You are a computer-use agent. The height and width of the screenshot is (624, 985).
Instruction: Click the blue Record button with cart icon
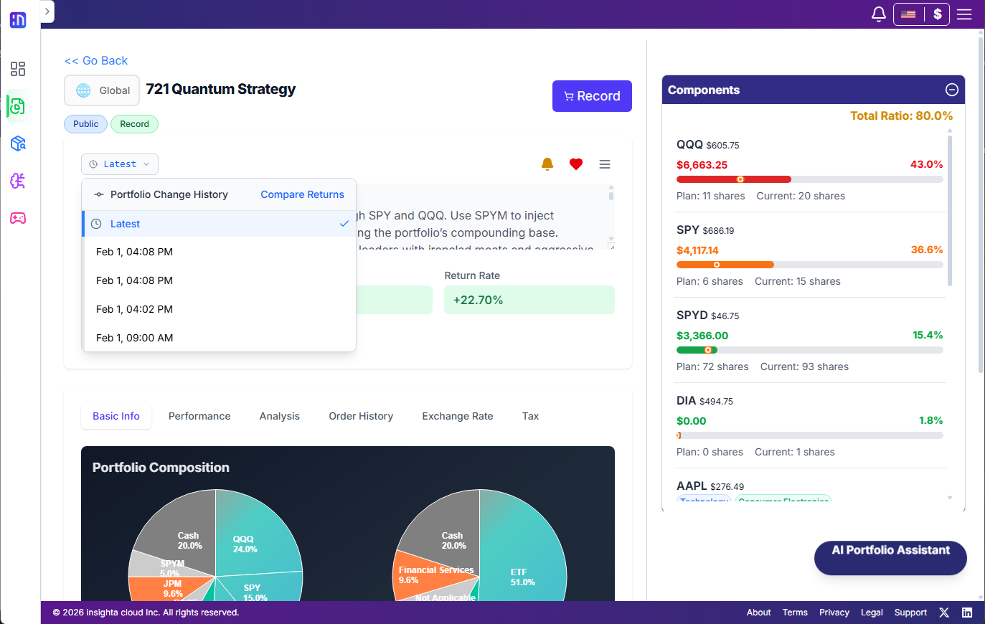point(592,96)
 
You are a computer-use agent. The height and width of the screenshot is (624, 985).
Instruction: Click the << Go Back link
point(96,61)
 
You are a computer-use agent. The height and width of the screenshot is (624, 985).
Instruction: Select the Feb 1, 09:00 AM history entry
point(134,338)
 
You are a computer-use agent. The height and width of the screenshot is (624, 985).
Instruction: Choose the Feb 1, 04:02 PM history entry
point(134,309)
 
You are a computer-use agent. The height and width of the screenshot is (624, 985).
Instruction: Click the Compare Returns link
point(302,194)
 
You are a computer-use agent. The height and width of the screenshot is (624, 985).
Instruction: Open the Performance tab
point(199,416)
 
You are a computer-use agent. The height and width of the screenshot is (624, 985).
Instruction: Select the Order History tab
point(361,416)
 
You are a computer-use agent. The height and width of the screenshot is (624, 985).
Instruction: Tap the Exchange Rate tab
point(458,416)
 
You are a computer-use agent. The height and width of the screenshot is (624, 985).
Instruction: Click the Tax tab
point(530,416)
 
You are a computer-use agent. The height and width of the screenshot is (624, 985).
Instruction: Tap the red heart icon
point(575,164)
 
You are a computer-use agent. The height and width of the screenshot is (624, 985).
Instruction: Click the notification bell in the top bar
point(878,14)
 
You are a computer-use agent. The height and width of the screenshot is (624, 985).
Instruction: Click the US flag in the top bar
point(908,14)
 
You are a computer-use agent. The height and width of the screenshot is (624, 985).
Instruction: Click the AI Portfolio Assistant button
point(890,551)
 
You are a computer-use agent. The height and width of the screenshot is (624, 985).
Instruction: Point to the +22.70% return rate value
point(479,300)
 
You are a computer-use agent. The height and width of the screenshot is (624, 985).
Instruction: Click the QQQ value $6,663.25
point(702,165)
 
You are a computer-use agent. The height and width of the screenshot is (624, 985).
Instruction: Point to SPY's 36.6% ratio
point(926,250)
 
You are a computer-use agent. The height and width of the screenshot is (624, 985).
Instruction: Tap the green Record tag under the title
point(134,124)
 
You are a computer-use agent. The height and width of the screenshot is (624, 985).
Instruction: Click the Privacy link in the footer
point(834,613)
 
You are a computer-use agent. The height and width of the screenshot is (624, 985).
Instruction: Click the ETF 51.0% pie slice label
point(522,577)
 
